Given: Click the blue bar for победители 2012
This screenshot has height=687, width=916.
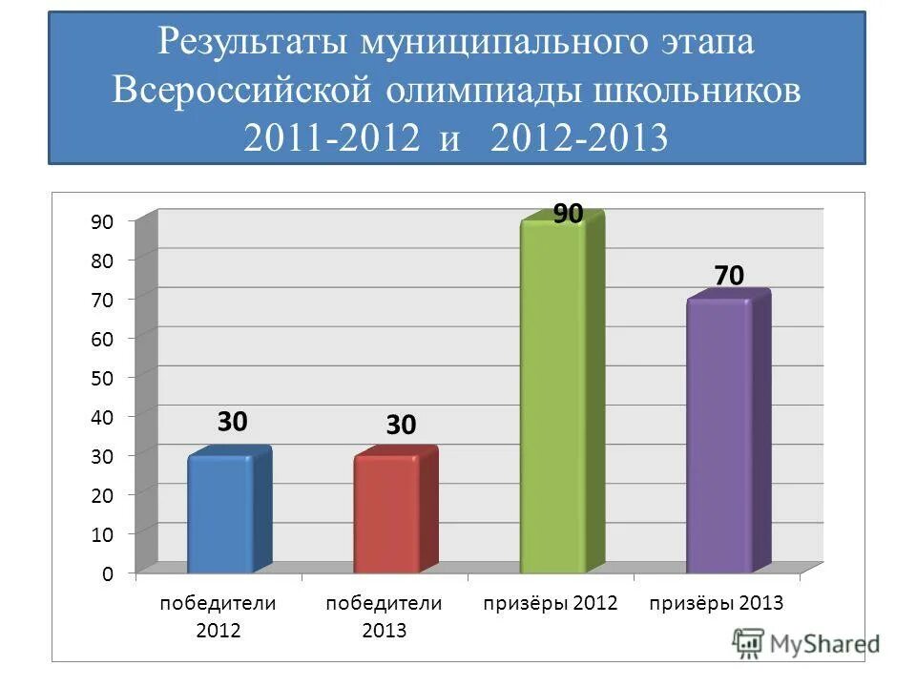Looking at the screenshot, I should tap(221, 515).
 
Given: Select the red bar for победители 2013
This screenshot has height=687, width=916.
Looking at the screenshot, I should tap(387, 515).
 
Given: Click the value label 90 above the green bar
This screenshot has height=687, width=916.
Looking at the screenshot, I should tap(568, 215).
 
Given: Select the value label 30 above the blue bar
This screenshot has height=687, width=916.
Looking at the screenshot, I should tap(232, 421).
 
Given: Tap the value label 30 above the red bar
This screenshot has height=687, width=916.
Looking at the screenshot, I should tap(401, 426).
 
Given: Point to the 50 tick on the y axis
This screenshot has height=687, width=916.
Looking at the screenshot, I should tap(102, 377).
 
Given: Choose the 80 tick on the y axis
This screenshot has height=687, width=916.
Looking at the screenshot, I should tap(102, 260).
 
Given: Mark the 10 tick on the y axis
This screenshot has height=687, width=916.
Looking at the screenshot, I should tap(102, 534).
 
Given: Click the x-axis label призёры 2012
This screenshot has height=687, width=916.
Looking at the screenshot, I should tap(551, 603).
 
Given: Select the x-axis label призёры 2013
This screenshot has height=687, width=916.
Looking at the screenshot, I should tap(717, 603).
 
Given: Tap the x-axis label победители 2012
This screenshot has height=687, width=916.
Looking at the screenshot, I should tap(218, 615).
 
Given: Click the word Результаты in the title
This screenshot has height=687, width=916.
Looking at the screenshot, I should tap(255, 42).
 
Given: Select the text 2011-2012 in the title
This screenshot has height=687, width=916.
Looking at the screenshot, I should tap(331, 139).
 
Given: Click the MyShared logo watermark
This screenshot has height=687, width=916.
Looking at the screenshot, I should tap(806, 642).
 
